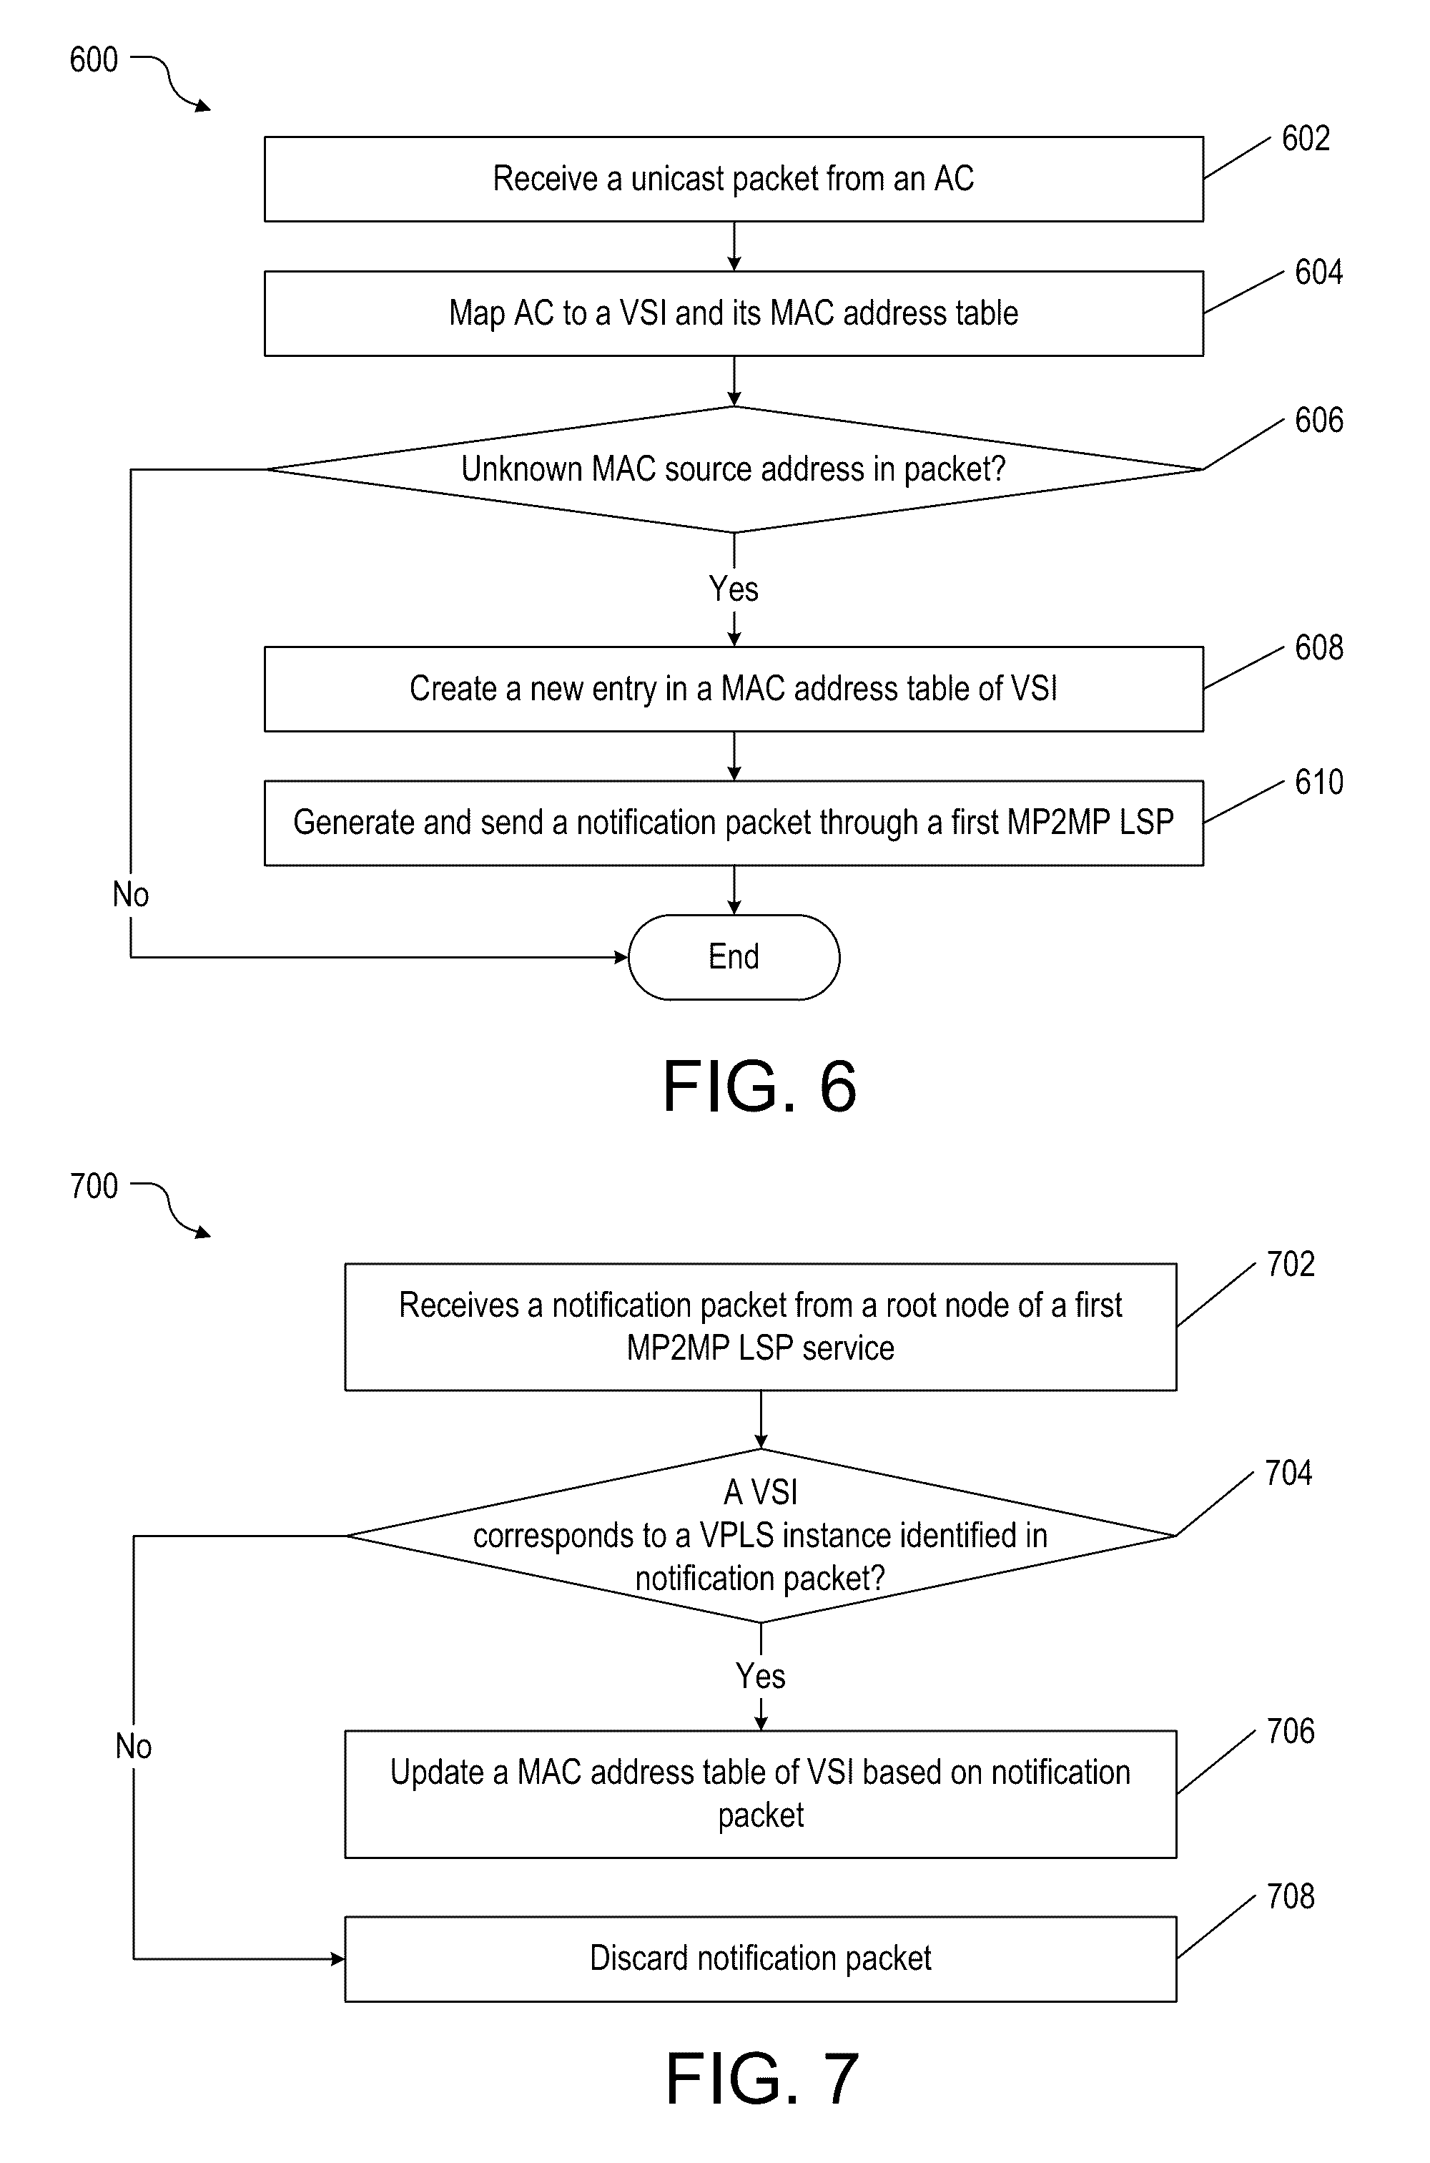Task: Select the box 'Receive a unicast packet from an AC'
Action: [x=734, y=179]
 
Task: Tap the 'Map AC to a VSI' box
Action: [x=734, y=313]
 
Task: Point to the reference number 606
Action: [x=1318, y=421]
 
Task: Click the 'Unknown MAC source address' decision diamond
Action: [x=734, y=469]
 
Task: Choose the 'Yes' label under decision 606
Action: [x=734, y=589]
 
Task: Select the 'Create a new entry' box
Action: [x=734, y=689]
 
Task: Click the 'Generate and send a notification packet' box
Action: [x=734, y=823]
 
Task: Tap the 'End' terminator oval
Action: [x=734, y=957]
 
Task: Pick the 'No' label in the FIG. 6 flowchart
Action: [x=130, y=895]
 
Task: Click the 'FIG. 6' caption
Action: [x=759, y=1086]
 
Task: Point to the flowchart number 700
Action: [x=94, y=1186]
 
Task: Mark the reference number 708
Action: [x=1291, y=1897]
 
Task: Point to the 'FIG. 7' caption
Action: [x=761, y=2078]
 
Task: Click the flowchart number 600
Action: [x=94, y=60]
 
